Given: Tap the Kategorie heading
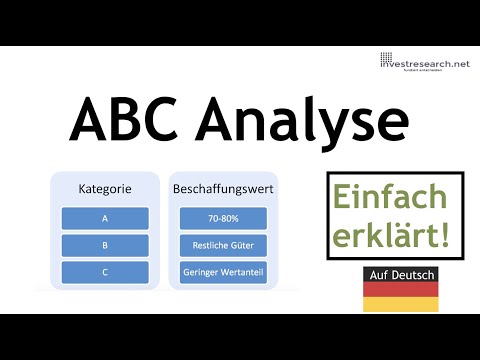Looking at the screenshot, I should point(105,187).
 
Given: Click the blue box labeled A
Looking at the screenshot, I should point(105,218).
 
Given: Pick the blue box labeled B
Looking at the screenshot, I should point(105,245).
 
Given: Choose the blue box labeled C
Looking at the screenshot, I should point(105,272).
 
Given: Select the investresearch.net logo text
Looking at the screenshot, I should point(424,63).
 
